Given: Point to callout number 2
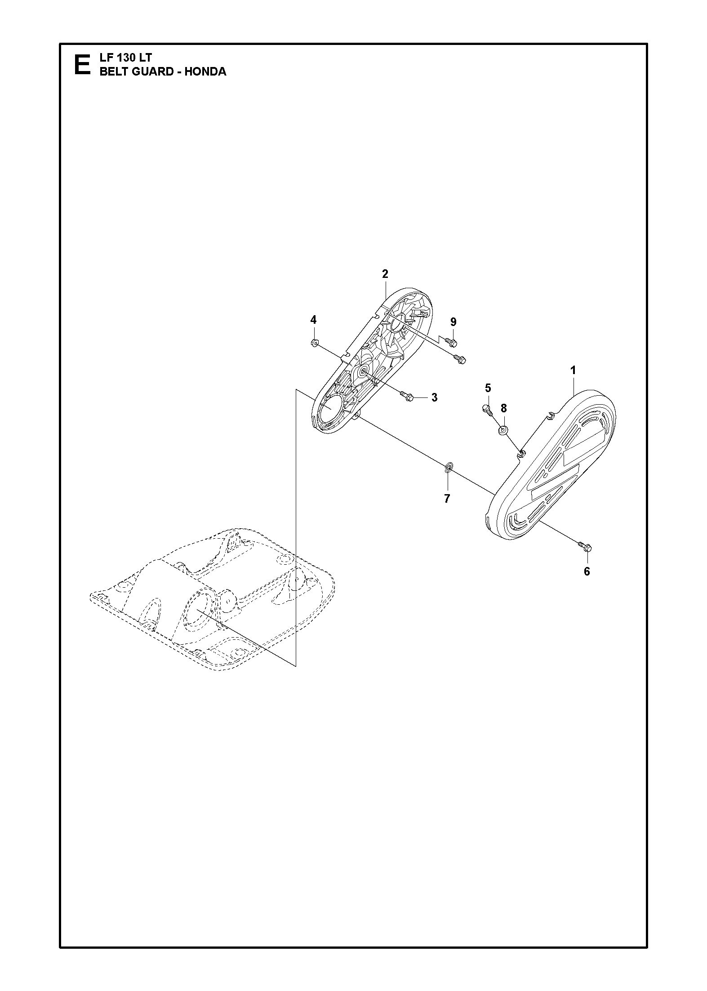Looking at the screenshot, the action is point(385,274).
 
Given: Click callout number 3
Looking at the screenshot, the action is point(434,397).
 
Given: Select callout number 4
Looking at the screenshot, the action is point(313,320).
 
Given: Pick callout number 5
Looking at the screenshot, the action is point(488,388).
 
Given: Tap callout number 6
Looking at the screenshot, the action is point(587,571).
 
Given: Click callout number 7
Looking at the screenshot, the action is point(447,499).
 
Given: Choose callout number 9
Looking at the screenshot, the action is point(453,322).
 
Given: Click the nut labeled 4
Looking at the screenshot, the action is point(314,344).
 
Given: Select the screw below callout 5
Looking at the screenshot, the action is point(487,410).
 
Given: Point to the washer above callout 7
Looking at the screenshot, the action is point(448,469).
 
